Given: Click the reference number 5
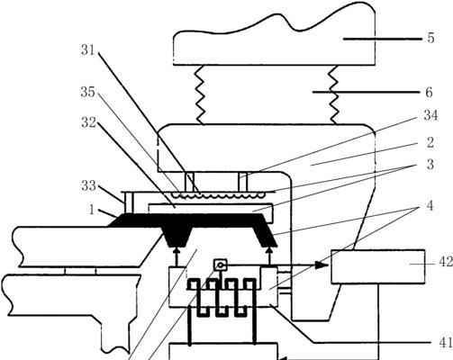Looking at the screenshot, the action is [x=430, y=39].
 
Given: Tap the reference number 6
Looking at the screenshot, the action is [x=430, y=93].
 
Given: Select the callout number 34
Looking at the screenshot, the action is [x=430, y=115].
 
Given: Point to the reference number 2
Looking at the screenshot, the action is [x=430, y=142].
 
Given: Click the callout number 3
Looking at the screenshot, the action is [x=430, y=165].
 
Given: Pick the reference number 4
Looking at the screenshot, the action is [x=430, y=206].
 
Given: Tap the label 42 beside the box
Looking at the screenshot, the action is [x=446, y=262].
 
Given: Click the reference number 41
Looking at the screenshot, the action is [x=446, y=342].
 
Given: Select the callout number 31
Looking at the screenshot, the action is [x=88, y=50].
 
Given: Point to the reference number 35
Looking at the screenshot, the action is [x=87, y=92].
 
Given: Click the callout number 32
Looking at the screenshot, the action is [x=88, y=122].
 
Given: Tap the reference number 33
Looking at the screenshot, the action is [x=88, y=186].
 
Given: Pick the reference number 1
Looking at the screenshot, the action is [x=92, y=210].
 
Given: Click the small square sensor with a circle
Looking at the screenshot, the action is [x=221, y=265].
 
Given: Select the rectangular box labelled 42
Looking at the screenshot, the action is [x=378, y=266].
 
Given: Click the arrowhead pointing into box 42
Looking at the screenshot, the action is [x=322, y=265].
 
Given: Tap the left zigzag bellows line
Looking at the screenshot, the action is [x=200, y=94].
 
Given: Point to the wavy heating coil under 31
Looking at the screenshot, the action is [x=217, y=195].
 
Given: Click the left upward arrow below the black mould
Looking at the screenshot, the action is [x=177, y=256].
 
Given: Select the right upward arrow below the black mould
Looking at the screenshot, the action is [x=270, y=256].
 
